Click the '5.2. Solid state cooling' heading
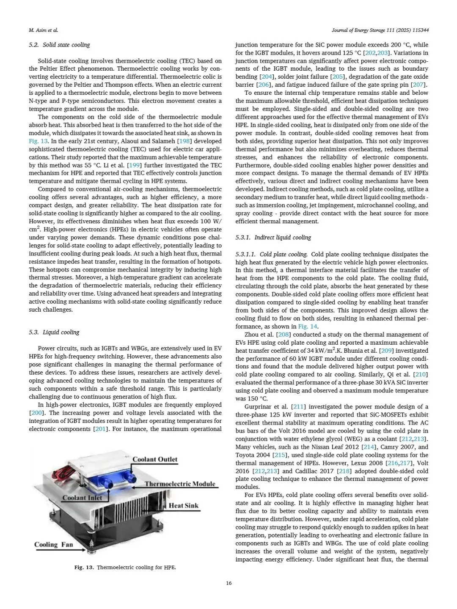59,45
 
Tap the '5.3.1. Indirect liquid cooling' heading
273,237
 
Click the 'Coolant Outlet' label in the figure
155,459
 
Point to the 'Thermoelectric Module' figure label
180,484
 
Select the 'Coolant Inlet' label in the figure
82,498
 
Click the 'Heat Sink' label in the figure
183,505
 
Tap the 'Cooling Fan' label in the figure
54,544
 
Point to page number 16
228,584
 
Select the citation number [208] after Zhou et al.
283,334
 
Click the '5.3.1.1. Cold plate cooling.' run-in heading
272,254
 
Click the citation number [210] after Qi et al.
421,374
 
